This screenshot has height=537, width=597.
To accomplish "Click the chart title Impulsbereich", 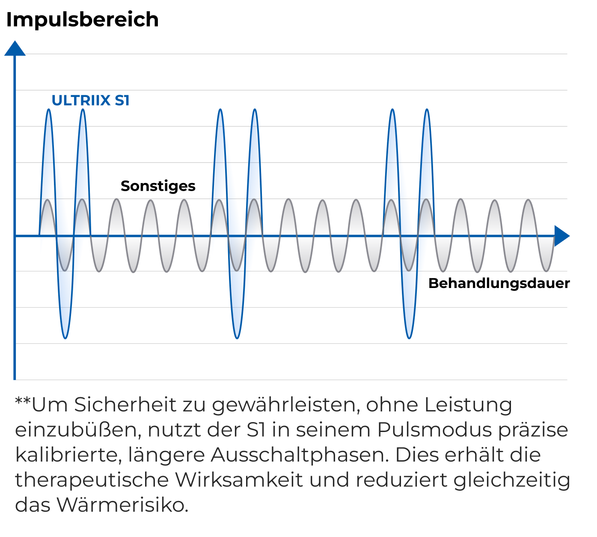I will [82, 20].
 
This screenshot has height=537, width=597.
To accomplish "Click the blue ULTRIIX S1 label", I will [90, 100].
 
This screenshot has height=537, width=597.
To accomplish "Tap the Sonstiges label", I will [158, 186].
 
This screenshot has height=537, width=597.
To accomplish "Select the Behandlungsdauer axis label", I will [499, 283].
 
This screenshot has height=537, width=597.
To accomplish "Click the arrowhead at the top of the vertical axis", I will [15, 48].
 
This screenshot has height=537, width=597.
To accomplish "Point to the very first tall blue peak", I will [48, 111].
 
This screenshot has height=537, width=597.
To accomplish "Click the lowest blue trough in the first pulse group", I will [65, 338].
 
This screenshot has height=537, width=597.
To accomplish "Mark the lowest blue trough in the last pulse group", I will [409, 338].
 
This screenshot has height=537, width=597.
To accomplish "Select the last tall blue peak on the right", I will [426, 111].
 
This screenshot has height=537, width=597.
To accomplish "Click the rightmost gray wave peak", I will [529, 201].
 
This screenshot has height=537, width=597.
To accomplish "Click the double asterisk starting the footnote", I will [23, 403].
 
